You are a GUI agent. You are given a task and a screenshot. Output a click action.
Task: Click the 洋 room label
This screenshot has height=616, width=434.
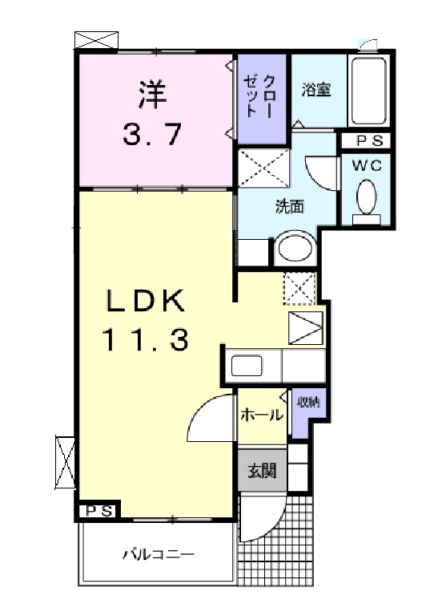(151, 95)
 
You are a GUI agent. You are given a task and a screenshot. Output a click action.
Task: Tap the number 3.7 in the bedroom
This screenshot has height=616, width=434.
(151, 134)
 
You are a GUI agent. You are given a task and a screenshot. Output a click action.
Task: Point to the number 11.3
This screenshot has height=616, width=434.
(146, 339)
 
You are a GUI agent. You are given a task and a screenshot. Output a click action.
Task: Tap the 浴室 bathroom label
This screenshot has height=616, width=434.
(316, 90)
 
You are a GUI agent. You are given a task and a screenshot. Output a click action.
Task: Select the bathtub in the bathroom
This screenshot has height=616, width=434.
(368, 92)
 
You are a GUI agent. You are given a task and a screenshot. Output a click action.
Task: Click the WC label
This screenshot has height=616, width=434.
(367, 165)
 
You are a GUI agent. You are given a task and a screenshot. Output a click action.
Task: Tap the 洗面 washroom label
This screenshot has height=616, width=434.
(289, 206)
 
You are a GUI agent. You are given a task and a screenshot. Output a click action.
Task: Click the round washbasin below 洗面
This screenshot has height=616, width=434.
(296, 247)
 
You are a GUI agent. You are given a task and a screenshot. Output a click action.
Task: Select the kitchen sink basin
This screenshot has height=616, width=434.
(246, 366)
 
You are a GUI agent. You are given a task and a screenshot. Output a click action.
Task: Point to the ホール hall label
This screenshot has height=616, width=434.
(262, 414)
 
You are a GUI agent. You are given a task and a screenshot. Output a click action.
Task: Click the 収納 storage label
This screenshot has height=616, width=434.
(308, 402)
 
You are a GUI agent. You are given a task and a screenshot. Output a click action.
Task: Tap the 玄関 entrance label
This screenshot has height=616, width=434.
(262, 470)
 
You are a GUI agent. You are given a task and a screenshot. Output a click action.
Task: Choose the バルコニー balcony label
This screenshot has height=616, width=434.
(159, 555)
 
